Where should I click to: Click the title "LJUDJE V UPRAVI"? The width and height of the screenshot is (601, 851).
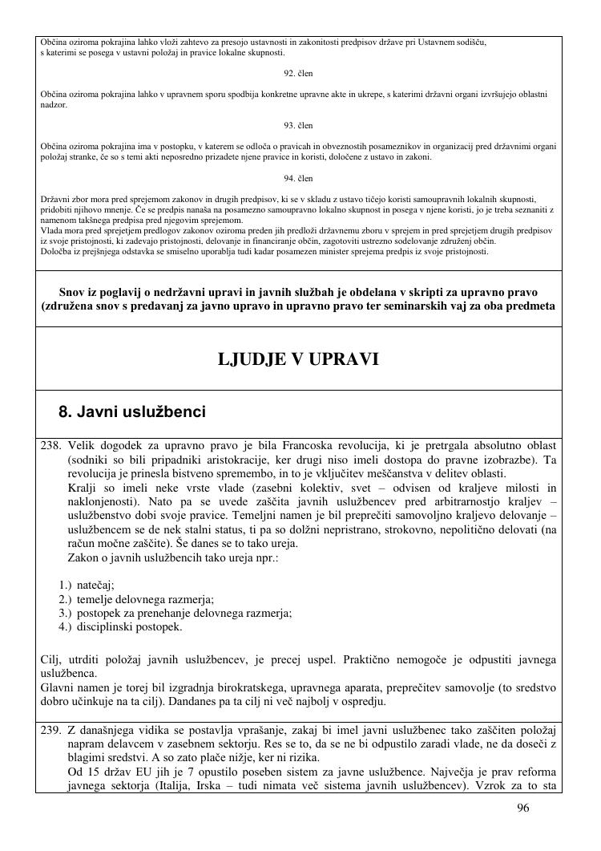click(x=298, y=359)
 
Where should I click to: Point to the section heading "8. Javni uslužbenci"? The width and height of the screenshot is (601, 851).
click(x=132, y=412)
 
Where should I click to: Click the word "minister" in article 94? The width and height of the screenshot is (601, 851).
click(x=345, y=251)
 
